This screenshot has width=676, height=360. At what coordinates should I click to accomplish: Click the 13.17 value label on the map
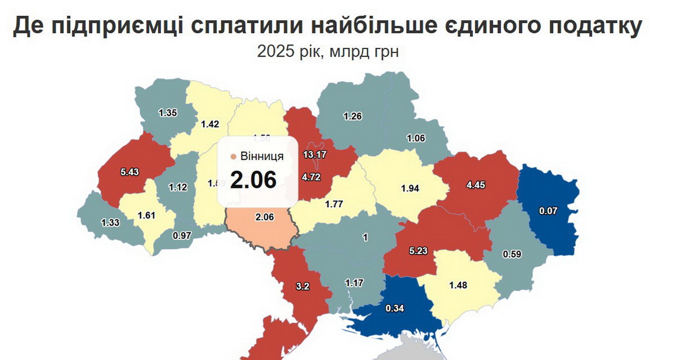pyautogui.click(x=315, y=154)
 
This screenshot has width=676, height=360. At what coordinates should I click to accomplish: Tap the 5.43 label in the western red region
pyautogui.click(x=130, y=171)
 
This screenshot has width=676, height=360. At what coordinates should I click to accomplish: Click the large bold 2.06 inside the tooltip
pyautogui.click(x=253, y=179)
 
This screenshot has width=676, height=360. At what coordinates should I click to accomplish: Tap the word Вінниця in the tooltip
pyautogui.click(x=262, y=156)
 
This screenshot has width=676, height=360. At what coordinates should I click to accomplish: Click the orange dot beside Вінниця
pyautogui.click(x=233, y=156)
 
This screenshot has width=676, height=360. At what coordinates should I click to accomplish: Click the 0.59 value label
pyautogui.click(x=513, y=254)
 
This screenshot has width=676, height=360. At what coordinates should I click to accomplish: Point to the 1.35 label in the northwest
pyautogui.click(x=168, y=113)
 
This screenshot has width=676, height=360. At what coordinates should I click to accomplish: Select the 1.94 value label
pyautogui.click(x=411, y=187)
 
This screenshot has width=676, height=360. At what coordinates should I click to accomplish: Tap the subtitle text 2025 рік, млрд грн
pyautogui.click(x=328, y=52)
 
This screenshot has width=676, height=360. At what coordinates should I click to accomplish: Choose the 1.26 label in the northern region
pyautogui.click(x=353, y=117)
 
